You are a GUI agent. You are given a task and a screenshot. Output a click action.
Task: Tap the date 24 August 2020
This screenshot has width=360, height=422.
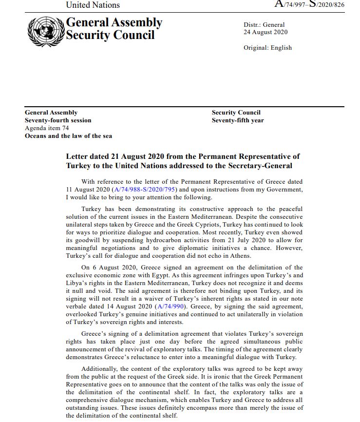[265, 32]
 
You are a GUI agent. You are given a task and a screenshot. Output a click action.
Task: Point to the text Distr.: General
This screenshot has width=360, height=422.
[264, 25]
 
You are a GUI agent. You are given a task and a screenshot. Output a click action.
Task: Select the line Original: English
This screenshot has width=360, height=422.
[267, 48]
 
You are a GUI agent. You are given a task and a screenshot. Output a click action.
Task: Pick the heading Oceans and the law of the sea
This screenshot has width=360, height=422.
[68, 136]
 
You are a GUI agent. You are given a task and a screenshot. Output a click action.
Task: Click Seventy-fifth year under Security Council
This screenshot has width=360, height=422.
[238, 120]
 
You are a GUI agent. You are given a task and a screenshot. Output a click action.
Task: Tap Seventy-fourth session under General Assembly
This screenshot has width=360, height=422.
[58, 120]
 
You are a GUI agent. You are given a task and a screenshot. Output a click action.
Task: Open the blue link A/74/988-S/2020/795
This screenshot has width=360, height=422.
[144, 190]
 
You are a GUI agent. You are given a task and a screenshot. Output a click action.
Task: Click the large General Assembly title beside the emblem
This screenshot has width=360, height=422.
[114, 22]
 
